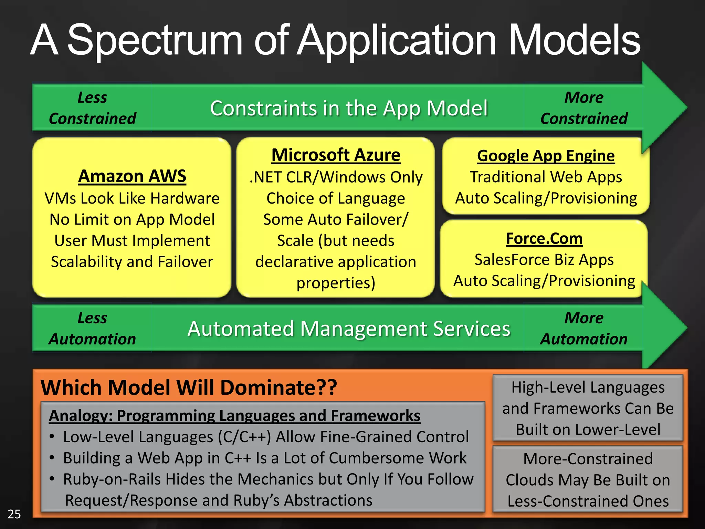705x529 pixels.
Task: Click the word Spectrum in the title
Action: point(155,41)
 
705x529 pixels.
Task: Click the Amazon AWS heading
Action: point(132,176)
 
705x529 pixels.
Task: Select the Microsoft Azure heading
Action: point(336,155)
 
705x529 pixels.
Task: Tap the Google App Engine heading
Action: point(546,156)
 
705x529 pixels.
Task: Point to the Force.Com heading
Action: point(544,238)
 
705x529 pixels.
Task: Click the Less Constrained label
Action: point(92,108)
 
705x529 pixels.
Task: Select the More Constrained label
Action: point(584,108)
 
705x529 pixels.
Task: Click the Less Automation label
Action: point(92,328)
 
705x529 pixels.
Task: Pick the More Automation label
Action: point(584,328)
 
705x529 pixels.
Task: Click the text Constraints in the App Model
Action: point(349,108)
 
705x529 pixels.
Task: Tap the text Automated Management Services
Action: point(349,329)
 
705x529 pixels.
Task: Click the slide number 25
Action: point(14,514)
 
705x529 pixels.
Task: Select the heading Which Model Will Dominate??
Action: point(189,387)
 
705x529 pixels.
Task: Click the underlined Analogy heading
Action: point(234,415)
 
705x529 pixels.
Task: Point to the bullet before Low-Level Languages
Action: point(52,437)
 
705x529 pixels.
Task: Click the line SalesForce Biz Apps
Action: point(544,259)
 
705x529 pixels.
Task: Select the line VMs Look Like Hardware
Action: point(132,198)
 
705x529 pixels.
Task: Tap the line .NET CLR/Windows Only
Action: point(336,177)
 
